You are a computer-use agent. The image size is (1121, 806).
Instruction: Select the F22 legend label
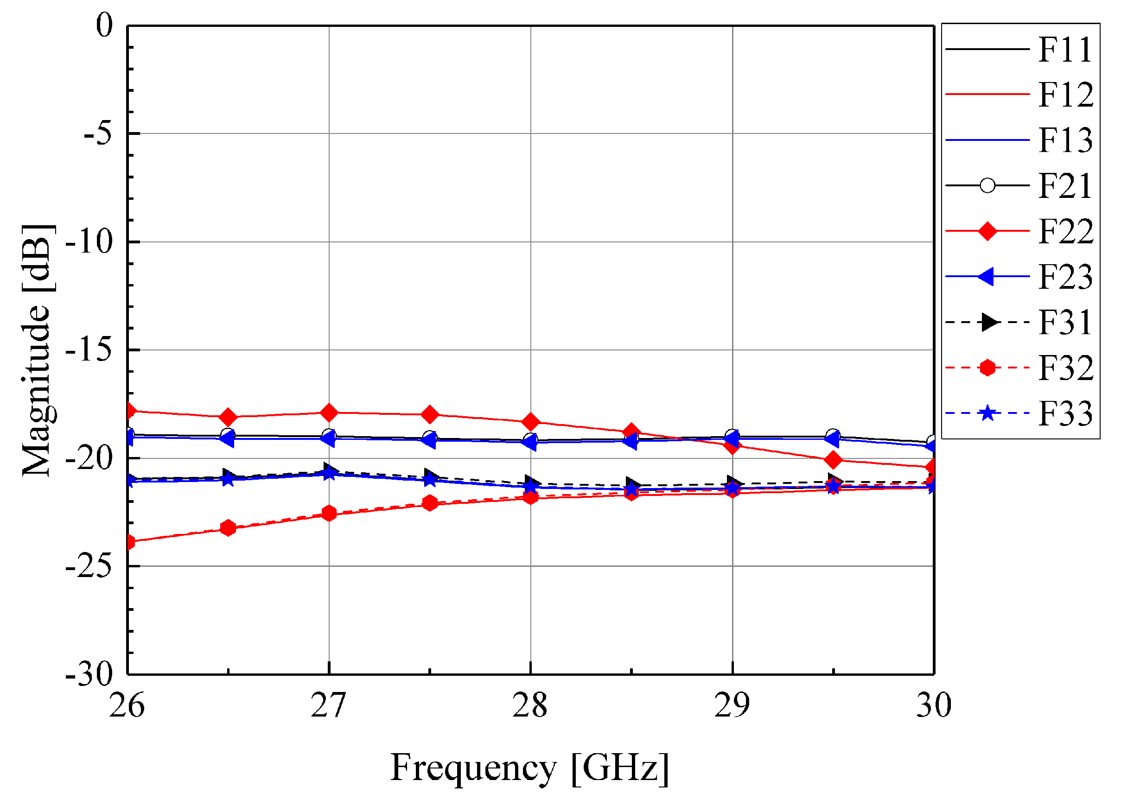[1066, 231]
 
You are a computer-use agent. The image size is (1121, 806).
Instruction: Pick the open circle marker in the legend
[987, 186]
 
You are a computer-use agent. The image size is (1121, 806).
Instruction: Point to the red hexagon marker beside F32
[987, 368]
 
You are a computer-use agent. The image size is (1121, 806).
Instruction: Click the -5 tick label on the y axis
[98, 134]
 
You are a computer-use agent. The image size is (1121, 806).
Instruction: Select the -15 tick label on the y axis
[89, 350]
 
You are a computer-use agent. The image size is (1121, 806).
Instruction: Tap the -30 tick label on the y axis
[89, 674]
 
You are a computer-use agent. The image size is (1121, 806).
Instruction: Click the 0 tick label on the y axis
[104, 25]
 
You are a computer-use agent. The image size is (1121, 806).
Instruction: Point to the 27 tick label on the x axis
[328, 706]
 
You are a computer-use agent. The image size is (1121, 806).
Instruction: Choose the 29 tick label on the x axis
[732, 706]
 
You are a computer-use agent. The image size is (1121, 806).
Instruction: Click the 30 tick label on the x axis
[934, 706]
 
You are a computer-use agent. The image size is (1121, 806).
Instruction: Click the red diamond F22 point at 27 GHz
[329, 412]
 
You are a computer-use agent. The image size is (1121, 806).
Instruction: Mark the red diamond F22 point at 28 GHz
[531, 421]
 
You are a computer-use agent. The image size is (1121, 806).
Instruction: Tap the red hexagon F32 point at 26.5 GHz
[228, 528]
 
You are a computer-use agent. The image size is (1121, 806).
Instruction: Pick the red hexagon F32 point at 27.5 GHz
[429, 503]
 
